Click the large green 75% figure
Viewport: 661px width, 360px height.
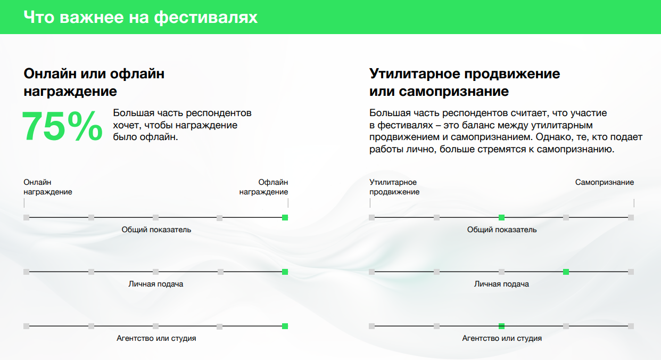coord(62,126)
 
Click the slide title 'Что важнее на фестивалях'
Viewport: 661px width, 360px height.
coord(141,17)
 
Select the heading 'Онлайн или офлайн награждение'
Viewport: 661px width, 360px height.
coord(94,82)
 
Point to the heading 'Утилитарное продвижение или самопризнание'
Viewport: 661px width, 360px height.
coord(465,82)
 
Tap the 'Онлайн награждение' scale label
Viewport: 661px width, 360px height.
coord(48,187)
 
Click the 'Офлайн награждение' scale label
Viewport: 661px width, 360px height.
coord(263,187)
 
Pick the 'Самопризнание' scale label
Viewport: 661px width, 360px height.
coord(605,182)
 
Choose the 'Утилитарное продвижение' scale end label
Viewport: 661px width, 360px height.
coord(394,187)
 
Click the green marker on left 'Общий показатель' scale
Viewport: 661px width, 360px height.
coord(285,218)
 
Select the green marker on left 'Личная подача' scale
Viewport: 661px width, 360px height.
coord(285,272)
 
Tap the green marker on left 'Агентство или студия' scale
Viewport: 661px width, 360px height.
coord(285,326)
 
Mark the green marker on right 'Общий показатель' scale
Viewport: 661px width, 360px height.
coord(501,218)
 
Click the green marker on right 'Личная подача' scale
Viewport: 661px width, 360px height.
coord(566,272)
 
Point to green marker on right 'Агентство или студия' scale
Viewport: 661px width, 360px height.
coord(501,326)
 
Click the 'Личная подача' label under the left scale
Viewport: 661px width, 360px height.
coord(156,284)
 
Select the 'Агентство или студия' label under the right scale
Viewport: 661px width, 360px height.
coord(502,339)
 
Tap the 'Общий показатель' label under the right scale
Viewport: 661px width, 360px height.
coord(502,230)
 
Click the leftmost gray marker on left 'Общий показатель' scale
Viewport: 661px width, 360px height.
coord(26,218)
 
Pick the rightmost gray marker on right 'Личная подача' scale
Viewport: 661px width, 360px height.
coord(631,272)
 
